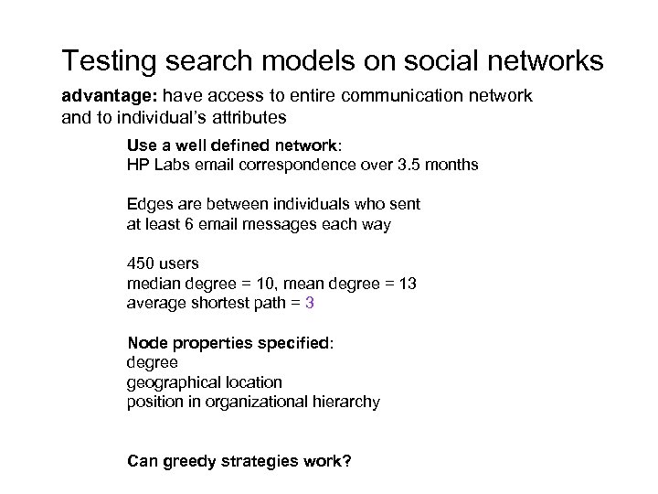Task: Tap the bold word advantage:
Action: (x=99, y=96)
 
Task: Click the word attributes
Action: (x=247, y=117)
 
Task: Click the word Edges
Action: (x=146, y=205)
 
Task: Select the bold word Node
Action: (x=146, y=342)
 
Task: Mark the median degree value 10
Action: (x=266, y=283)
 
